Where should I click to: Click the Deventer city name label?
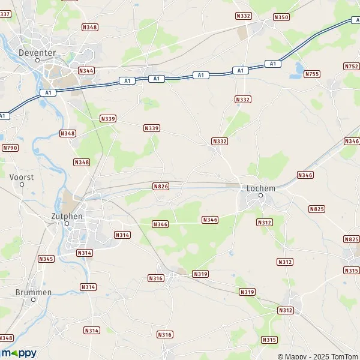pyautogui.click(x=37, y=52)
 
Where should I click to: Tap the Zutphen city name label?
pyautogui.click(x=67, y=215)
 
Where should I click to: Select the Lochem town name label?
pyautogui.click(x=261, y=188)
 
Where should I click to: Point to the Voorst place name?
pyautogui.click(x=22, y=177)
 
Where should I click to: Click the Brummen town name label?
pyautogui.click(x=34, y=292)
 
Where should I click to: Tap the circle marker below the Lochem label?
pyautogui.click(x=261, y=196)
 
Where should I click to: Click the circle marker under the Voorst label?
pyautogui.click(x=22, y=185)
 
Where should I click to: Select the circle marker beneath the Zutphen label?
pyautogui.click(x=67, y=224)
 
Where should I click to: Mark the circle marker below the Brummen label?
pyautogui.click(x=34, y=301)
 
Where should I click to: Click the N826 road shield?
pyautogui.click(x=161, y=187)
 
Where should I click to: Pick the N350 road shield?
pyautogui.click(x=281, y=17)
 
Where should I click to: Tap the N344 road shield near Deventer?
pyautogui.click(x=86, y=70)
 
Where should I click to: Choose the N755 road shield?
pyautogui.click(x=311, y=74)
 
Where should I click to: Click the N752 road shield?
pyautogui.click(x=352, y=66)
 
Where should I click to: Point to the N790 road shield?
pyautogui.click(x=10, y=148)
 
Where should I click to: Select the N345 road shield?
pyautogui.click(x=46, y=259)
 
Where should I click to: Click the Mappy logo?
pyautogui.click(x=19, y=353)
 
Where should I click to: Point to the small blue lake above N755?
pyautogui.click(x=296, y=74)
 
